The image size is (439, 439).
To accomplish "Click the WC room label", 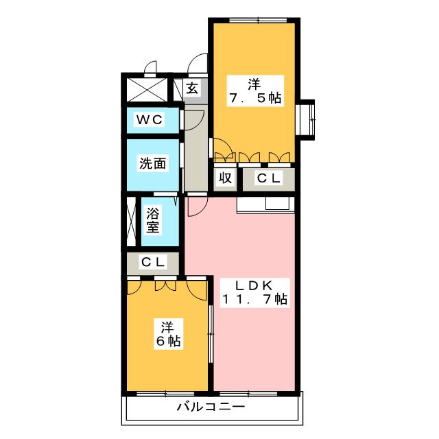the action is click(x=150, y=120).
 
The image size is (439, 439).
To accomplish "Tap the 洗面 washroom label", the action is click(x=152, y=163).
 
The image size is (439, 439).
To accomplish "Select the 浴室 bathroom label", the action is click(x=153, y=220).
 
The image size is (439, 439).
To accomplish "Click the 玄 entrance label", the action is click(x=192, y=88).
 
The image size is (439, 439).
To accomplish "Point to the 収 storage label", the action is click(x=225, y=177).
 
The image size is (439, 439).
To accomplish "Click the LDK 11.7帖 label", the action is click(x=254, y=293).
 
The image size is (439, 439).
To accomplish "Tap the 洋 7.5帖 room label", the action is click(x=255, y=91).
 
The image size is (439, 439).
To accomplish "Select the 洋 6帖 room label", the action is click(x=168, y=334).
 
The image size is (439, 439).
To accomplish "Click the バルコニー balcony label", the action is click(x=211, y=407).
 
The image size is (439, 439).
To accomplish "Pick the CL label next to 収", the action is click(x=268, y=178).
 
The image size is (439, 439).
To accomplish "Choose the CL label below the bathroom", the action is click(x=153, y=262).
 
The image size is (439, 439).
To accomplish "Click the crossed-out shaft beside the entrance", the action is click(x=147, y=90).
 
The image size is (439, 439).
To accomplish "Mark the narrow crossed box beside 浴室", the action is click(x=131, y=221).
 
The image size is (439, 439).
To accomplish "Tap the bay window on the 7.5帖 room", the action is click(x=305, y=119).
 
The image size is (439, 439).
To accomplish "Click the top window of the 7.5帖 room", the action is click(x=258, y=20).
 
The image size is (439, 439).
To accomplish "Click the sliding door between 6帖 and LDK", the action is click(x=211, y=334).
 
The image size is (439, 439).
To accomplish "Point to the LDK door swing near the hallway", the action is click(x=198, y=206).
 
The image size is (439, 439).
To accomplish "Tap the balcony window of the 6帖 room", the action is click(x=165, y=394).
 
